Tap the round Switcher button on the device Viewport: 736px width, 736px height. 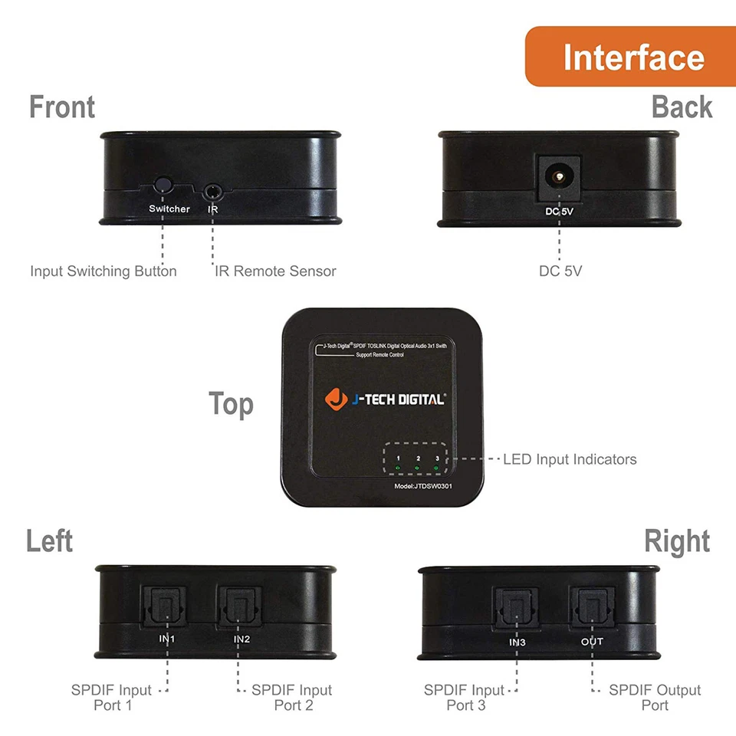163,186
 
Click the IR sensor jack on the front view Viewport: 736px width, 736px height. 212,188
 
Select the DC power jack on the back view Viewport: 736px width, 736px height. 559,177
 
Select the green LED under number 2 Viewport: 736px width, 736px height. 416,467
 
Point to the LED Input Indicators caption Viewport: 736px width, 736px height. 570,460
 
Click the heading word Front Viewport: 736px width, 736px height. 62,107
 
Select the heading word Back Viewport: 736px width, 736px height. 682,107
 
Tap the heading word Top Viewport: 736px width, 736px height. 231,404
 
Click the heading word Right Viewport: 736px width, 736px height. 676,541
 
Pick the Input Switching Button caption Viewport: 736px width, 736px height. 103,271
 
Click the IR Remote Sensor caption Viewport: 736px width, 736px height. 274,271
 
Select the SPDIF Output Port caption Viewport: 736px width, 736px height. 655,698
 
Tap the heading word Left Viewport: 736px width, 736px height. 50,541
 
